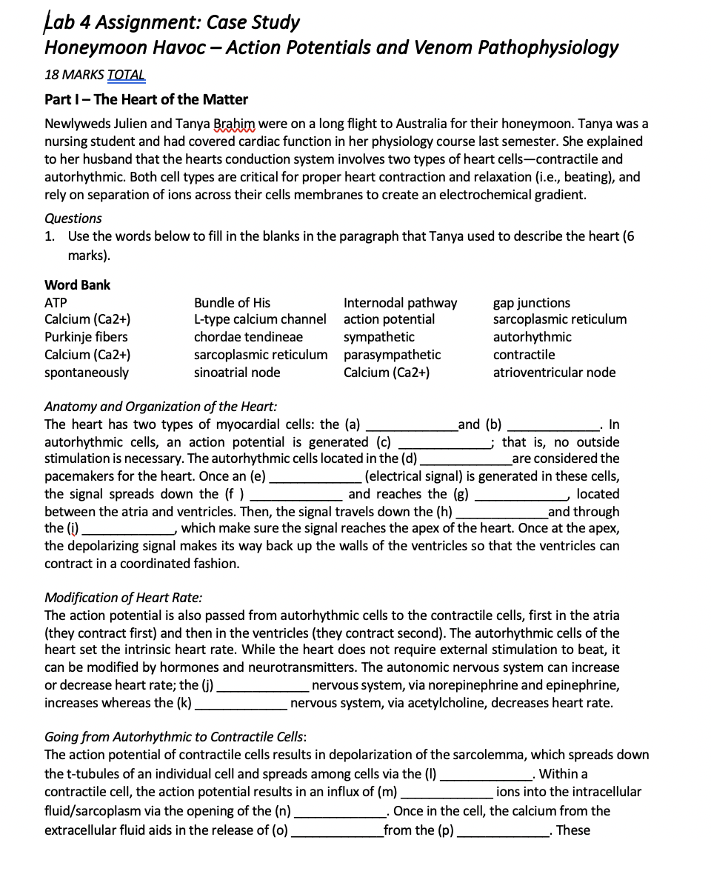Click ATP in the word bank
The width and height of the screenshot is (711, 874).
[x=56, y=302]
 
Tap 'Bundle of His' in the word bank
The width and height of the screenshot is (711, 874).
[x=232, y=302]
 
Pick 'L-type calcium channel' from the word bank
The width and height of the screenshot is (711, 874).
[x=259, y=319]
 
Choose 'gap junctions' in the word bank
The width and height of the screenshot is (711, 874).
[x=531, y=302]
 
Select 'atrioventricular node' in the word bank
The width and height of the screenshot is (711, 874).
[x=554, y=372]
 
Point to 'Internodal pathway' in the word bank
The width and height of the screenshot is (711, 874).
[x=400, y=302]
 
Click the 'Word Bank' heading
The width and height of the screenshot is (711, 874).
[x=77, y=284]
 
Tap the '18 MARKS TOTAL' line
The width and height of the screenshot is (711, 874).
[x=95, y=75]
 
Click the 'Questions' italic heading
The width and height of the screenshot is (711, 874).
[x=73, y=218]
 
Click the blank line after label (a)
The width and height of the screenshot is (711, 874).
[x=412, y=426]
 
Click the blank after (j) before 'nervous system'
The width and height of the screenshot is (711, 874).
[x=263, y=686]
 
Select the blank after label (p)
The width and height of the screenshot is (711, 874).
[x=503, y=831]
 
